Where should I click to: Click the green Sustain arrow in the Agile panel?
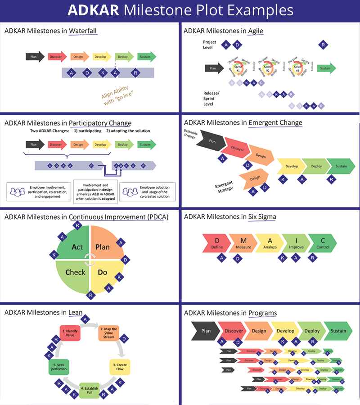(x=326, y=68)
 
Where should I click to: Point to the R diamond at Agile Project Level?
(x=323, y=45)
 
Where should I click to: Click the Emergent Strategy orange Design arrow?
(x=254, y=179)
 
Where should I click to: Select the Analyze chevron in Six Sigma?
(x=270, y=243)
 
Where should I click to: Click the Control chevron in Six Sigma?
(x=323, y=243)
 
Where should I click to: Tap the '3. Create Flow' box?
(x=120, y=367)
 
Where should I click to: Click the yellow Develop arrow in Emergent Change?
(x=291, y=166)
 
